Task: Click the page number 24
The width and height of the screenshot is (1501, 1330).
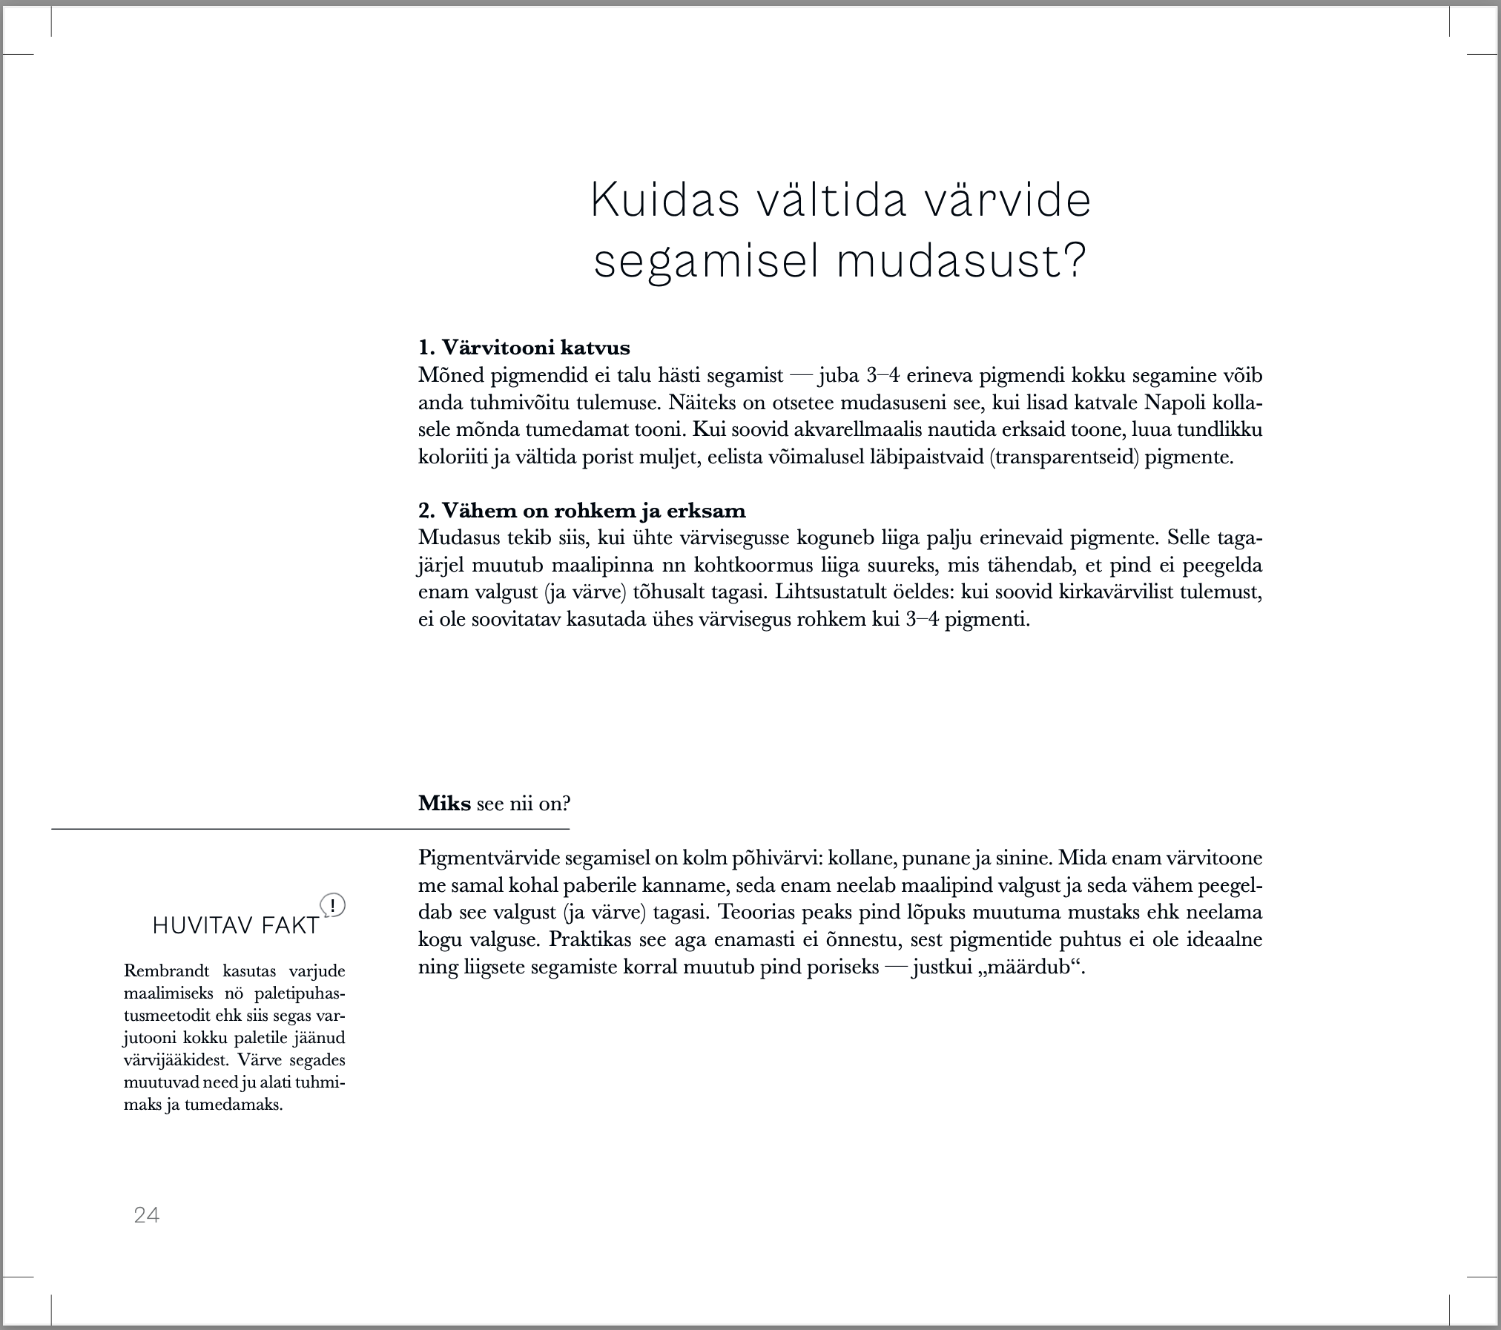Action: pyautogui.click(x=147, y=1215)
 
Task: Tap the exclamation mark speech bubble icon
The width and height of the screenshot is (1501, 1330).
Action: pyautogui.click(x=333, y=906)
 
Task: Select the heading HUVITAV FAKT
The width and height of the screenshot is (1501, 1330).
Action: pyautogui.click(x=236, y=926)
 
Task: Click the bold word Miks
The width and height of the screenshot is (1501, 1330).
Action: pyautogui.click(x=444, y=803)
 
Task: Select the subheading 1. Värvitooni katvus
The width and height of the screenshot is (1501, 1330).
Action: pyautogui.click(x=524, y=347)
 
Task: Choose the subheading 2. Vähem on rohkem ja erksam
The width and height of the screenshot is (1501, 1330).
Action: pyautogui.click(x=581, y=511)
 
